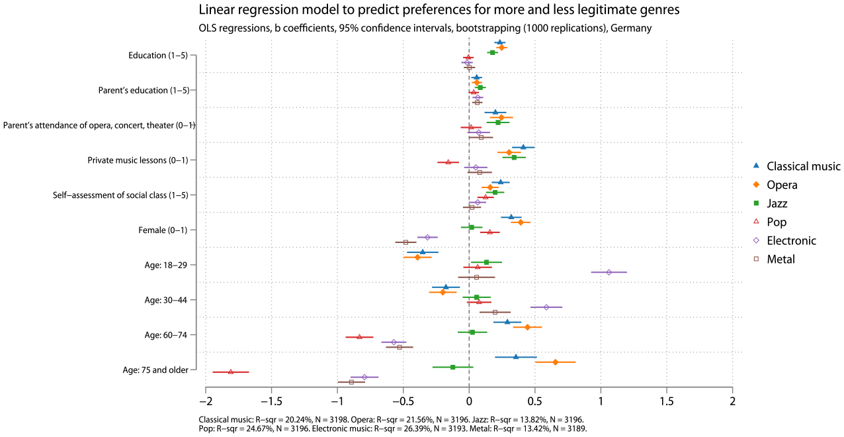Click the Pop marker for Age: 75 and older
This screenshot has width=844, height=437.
[231, 371]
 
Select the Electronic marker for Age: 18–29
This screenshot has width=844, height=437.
[609, 272]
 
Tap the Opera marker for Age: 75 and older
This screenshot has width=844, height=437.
[555, 362]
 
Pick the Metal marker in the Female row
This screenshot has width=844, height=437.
[405, 242]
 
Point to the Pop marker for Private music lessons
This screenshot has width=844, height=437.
[448, 162]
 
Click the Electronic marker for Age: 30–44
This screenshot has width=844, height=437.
[546, 307]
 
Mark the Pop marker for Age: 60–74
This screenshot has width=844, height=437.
[359, 337]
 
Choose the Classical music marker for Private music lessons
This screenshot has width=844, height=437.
[523, 147]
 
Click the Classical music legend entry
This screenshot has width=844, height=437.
[796, 166]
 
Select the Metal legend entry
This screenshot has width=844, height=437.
[774, 259]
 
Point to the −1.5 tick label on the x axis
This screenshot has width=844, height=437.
[271, 402]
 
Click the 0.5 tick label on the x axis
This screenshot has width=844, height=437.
[534, 402]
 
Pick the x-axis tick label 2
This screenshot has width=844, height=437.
[732, 402]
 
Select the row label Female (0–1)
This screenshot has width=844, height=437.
[163, 230]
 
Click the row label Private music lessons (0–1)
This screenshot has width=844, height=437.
[138, 160]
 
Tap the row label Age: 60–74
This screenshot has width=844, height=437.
[166, 335]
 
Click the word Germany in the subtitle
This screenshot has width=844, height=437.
[631, 28]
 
